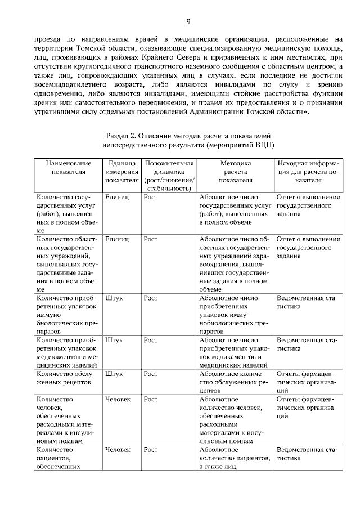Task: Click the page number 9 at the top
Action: click(x=188, y=21)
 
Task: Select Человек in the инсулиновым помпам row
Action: click(x=118, y=399)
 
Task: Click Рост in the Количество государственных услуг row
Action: click(x=150, y=197)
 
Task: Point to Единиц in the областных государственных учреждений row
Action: click(x=117, y=239)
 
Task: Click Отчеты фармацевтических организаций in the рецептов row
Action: click(x=307, y=381)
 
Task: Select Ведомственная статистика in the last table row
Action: click(x=307, y=455)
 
